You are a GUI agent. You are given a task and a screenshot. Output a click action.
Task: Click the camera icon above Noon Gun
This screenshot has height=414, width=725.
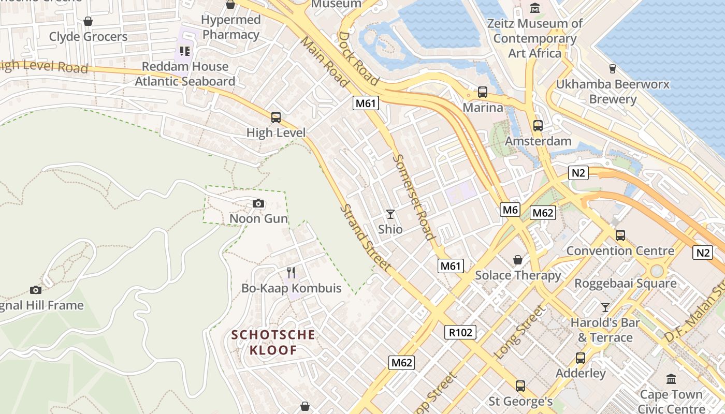pyautogui.click(x=258, y=204)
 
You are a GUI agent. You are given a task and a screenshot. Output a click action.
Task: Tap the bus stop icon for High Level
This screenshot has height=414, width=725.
pyautogui.click(x=276, y=117)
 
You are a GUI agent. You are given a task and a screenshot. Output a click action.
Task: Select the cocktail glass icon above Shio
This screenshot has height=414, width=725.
pyautogui.click(x=390, y=214)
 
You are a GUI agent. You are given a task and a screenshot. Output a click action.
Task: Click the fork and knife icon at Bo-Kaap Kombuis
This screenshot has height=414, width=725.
pyautogui.click(x=291, y=272)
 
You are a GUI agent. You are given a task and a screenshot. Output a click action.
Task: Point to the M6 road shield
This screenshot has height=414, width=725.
pyautogui.click(x=510, y=210)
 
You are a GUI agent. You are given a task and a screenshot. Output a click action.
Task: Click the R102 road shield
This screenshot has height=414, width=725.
pyautogui.click(x=460, y=332)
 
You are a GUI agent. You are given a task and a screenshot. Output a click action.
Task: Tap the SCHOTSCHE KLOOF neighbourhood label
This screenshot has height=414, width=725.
pyautogui.click(x=273, y=342)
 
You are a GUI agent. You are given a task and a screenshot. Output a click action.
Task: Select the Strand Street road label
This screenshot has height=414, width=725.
pyautogui.click(x=365, y=238)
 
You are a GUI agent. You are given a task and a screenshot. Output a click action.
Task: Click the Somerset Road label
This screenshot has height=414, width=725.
pyautogui.click(x=413, y=197)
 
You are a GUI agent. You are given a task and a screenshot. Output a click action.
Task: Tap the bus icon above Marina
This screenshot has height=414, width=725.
pyautogui.click(x=483, y=92)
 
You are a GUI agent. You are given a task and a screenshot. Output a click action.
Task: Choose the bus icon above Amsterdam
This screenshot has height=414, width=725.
pyautogui.click(x=538, y=126)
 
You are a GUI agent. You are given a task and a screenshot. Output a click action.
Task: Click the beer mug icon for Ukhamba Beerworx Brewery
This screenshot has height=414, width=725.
pyautogui.click(x=613, y=69)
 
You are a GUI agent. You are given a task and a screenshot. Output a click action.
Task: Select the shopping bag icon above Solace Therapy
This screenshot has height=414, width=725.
pyautogui.click(x=518, y=260)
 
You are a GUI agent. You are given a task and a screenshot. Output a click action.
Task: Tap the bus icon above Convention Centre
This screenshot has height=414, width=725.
pyautogui.click(x=620, y=235)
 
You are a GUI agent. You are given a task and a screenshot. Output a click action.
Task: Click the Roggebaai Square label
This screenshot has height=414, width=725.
pyautogui.click(x=625, y=284)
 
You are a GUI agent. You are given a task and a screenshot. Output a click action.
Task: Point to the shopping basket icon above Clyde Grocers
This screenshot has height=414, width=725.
pyautogui.click(x=88, y=21)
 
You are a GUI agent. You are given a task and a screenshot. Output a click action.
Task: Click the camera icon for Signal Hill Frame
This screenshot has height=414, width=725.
pyautogui.click(x=36, y=290)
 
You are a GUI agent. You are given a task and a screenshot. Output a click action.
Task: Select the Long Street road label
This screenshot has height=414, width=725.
pyautogui.click(x=520, y=332)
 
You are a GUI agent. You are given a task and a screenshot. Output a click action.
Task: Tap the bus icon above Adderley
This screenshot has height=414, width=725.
pyautogui.click(x=581, y=358)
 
